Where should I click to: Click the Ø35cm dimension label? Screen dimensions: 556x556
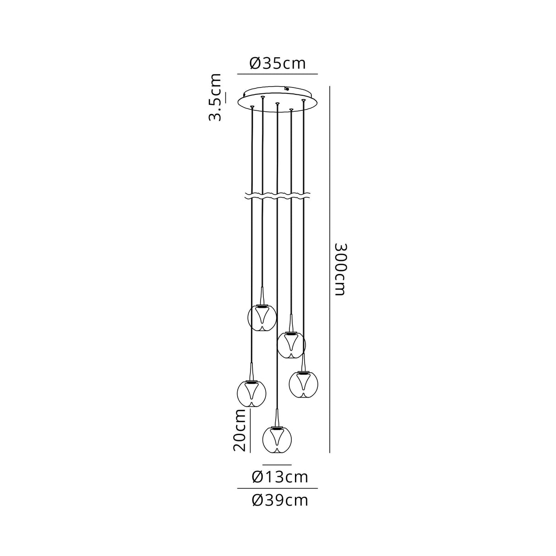pyautogui.click(x=277, y=64)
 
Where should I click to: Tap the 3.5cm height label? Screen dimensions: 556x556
pyautogui.click(x=215, y=97)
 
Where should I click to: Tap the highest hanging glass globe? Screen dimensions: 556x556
pyautogui.click(x=262, y=317)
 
